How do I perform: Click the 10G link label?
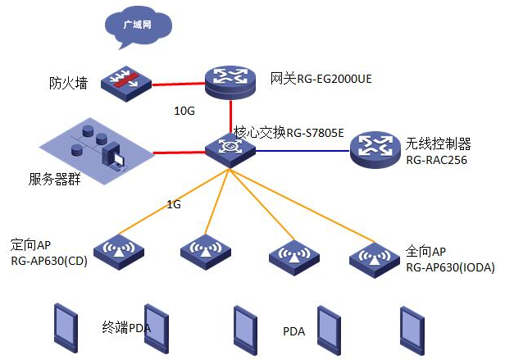pos(184,109)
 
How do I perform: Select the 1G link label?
pos(173,204)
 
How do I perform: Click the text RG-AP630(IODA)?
pos(451,267)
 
